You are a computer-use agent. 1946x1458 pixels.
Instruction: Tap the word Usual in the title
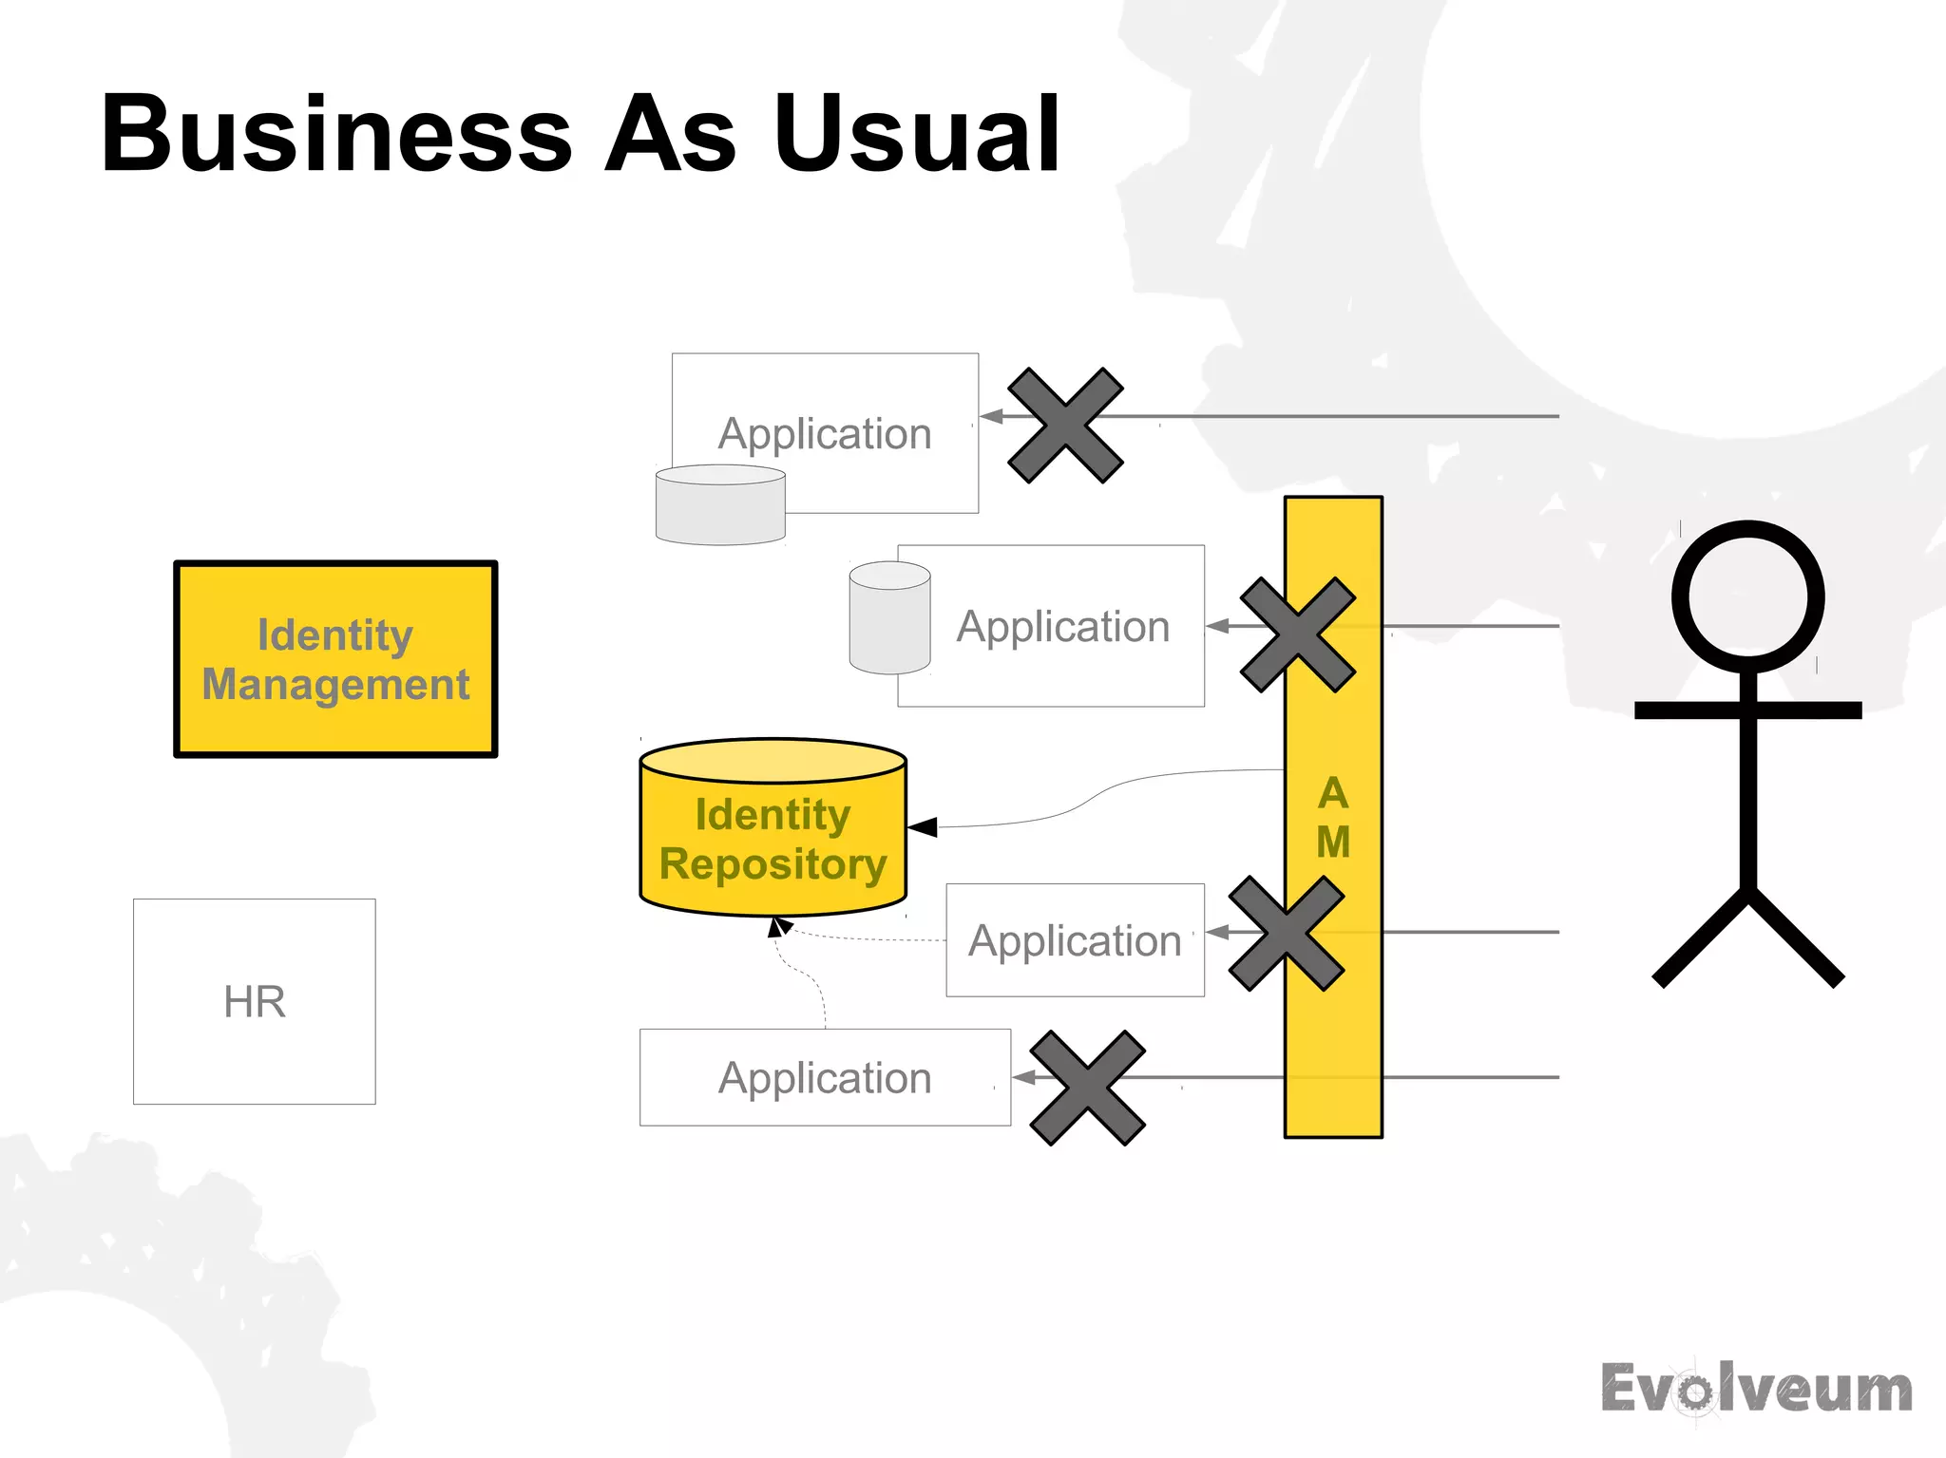point(917,135)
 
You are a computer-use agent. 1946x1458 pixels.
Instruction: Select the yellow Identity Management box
point(335,659)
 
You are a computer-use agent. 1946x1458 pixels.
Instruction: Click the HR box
point(255,1001)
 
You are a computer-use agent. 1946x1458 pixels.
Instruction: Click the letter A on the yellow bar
point(1333,793)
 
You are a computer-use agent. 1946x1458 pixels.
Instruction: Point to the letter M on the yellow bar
point(1333,842)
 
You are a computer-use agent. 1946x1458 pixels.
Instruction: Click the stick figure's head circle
point(1747,596)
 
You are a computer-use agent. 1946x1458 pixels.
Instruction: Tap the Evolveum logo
point(1756,1390)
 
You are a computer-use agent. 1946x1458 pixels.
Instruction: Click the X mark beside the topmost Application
point(1065,426)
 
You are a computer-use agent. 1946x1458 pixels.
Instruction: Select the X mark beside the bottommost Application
point(1087,1088)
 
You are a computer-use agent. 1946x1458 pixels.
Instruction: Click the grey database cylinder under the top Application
point(720,505)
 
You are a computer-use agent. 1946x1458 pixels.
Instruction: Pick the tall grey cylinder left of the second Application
point(889,618)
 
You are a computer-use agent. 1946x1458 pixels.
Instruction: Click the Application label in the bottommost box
point(825,1078)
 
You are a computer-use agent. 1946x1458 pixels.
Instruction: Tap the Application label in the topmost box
point(825,434)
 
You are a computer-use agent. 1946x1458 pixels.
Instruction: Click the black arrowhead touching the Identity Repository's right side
point(923,827)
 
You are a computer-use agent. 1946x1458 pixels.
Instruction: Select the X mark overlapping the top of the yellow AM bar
point(1297,634)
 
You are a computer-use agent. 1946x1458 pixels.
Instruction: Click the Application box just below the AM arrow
point(1075,940)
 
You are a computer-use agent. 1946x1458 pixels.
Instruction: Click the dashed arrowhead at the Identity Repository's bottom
point(778,926)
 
